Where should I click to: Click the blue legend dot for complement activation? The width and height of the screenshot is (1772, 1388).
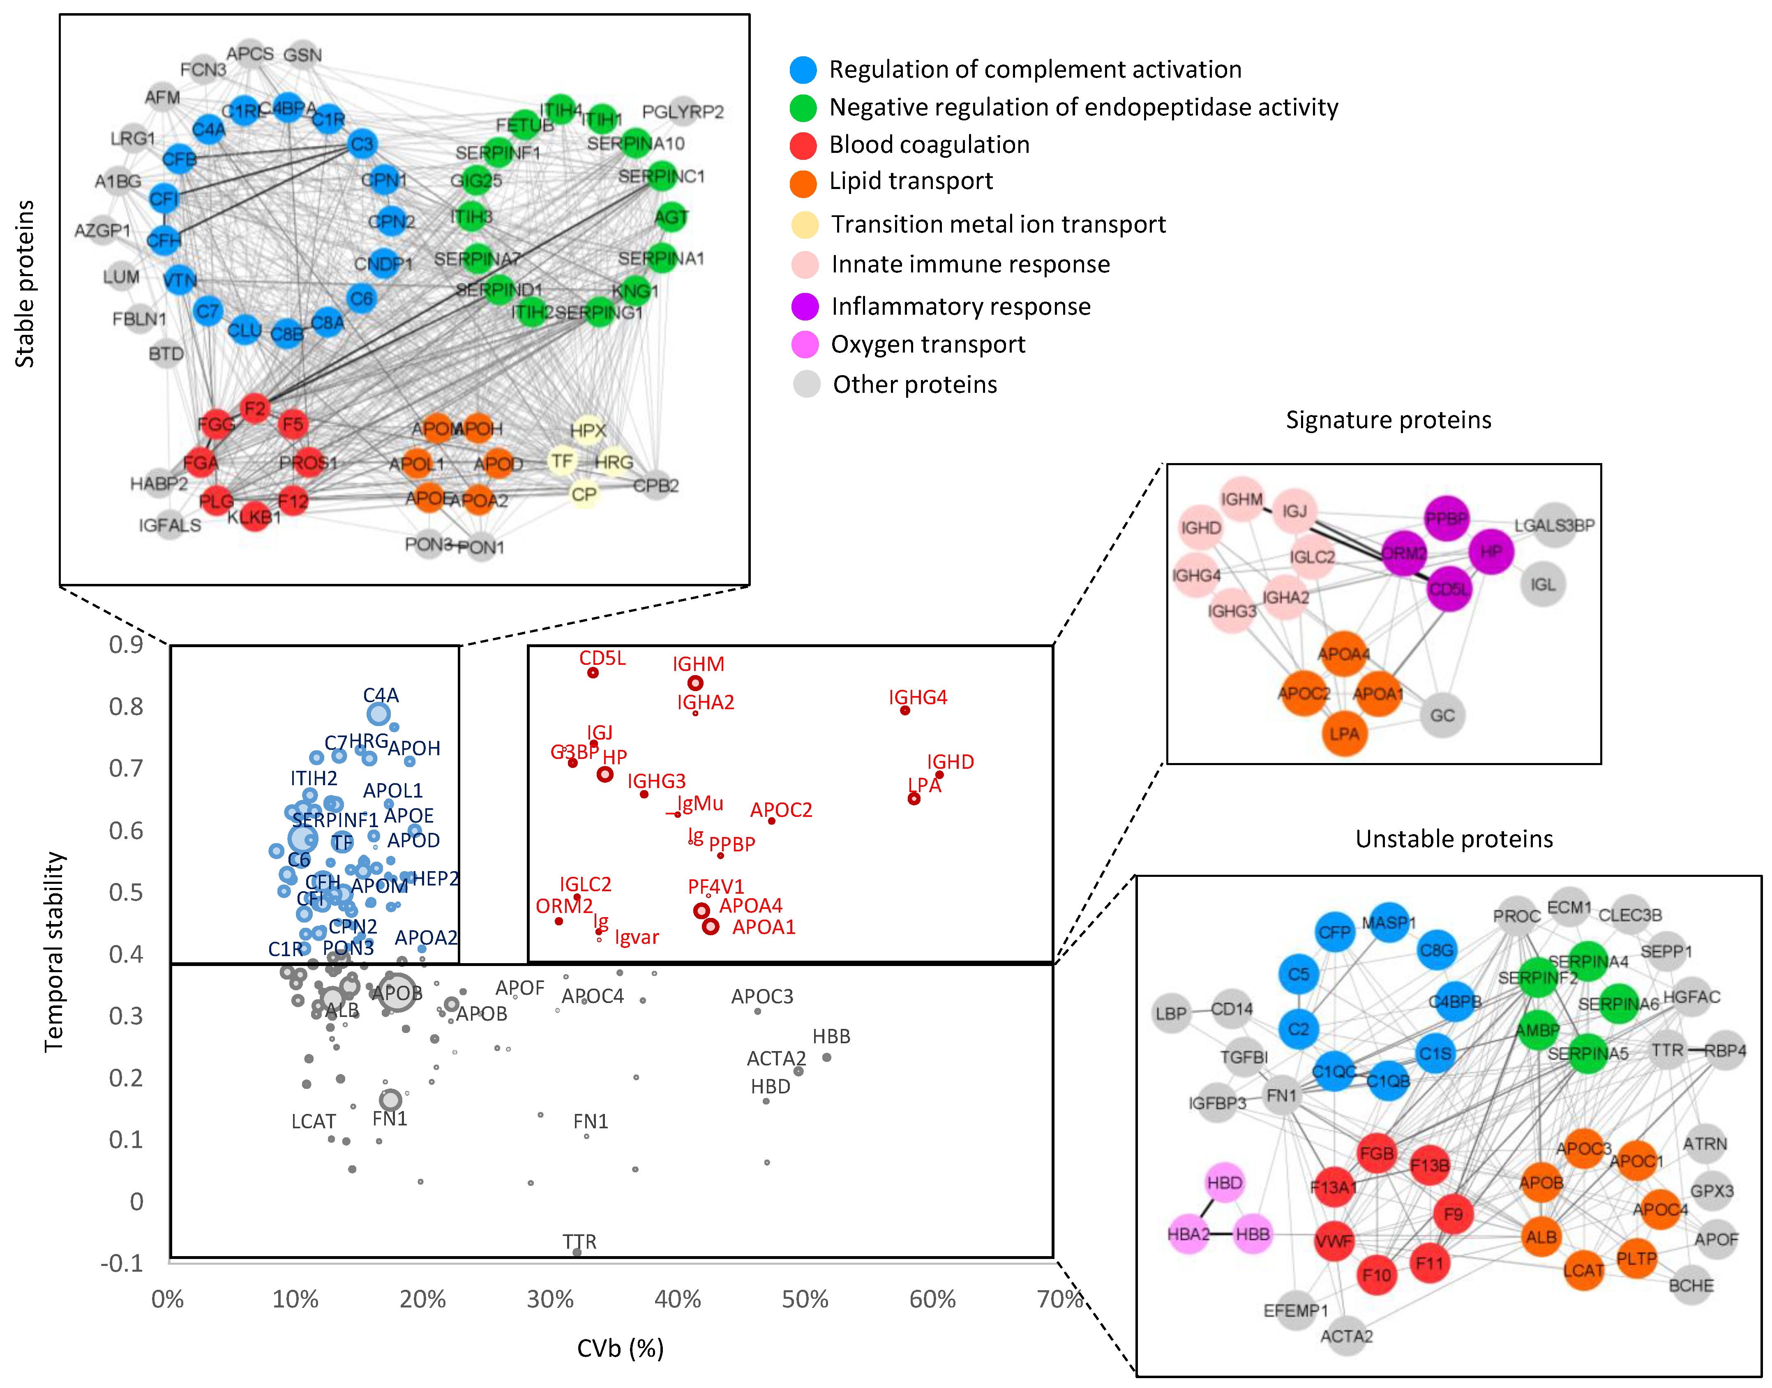[x=803, y=70]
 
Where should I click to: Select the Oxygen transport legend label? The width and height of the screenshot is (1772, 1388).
[x=928, y=345]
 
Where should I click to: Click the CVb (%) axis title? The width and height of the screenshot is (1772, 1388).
[x=620, y=1349]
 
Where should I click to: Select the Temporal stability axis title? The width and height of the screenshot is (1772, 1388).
[x=54, y=951]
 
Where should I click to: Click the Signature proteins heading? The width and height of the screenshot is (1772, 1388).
[x=1388, y=420]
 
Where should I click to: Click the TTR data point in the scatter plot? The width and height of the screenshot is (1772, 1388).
[x=577, y=1252]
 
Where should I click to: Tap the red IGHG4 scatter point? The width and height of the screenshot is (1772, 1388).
[x=904, y=710]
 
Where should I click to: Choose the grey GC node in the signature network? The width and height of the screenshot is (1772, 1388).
[x=1442, y=715]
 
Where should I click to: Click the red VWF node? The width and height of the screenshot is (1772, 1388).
[x=1334, y=1241]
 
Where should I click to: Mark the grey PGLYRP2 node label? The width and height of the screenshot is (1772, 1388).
[x=683, y=111]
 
